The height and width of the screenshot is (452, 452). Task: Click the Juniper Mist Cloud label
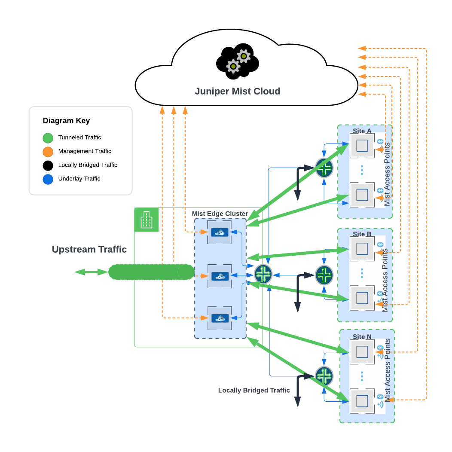[x=237, y=91]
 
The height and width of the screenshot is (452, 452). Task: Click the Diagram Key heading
[x=66, y=121]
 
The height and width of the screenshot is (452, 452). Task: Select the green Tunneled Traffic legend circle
[x=48, y=138]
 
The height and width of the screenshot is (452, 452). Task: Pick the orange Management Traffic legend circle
[x=48, y=152]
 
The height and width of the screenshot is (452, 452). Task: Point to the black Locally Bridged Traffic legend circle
[x=48, y=165]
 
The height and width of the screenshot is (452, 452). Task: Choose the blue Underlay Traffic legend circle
[x=48, y=179]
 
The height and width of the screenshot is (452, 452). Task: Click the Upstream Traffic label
[x=89, y=249]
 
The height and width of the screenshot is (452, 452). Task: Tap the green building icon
[x=147, y=220]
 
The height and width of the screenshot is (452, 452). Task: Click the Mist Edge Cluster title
[x=220, y=214]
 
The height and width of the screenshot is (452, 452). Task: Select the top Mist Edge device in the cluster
[x=220, y=232]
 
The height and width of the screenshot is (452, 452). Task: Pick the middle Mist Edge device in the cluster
[x=220, y=276]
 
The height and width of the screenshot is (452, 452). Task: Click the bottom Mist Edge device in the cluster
[x=220, y=318]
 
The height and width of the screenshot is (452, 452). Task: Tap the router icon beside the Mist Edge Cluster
[x=263, y=274]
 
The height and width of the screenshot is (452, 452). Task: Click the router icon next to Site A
[x=324, y=168]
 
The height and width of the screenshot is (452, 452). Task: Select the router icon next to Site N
[x=324, y=376]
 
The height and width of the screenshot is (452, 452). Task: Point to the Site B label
[x=362, y=234]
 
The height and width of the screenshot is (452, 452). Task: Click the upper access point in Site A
[x=362, y=146]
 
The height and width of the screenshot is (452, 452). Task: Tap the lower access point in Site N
[x=362, y=401]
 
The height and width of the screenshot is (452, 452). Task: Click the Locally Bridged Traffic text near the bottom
[x=254, y=391]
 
